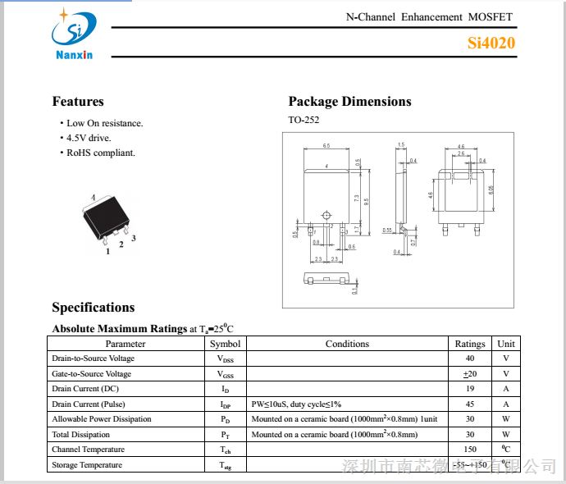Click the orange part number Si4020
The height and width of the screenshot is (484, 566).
491,43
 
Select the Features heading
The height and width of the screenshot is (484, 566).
78,102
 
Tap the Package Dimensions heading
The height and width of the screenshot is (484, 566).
349,102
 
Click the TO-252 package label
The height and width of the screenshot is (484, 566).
304,120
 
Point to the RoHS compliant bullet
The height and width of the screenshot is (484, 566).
100,153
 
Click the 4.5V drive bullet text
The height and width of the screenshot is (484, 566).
89,138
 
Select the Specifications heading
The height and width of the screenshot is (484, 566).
94,308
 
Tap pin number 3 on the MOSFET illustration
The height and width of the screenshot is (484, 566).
134,239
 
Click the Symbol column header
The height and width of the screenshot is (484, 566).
225,344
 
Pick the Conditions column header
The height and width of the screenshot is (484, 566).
347,344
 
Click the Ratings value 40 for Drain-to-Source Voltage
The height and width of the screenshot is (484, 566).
470,358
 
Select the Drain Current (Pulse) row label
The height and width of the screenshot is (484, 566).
88,404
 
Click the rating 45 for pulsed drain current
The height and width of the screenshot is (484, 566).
470,404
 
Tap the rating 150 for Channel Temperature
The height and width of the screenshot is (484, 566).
470,450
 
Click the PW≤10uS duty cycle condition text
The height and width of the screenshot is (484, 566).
296,404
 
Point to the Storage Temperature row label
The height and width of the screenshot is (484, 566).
87,465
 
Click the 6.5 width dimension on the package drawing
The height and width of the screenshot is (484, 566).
326,146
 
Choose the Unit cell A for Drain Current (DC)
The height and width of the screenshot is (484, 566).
506,389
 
